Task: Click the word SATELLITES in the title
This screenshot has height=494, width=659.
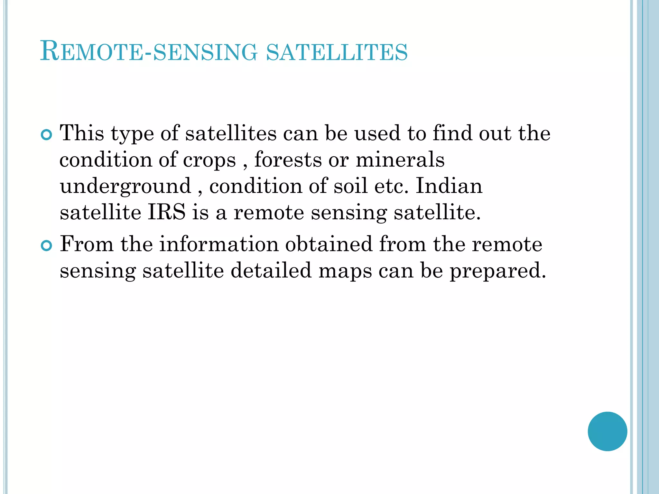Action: (337, 52)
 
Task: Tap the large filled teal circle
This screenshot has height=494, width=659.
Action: (607, 431)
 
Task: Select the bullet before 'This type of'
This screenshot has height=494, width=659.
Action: (47, 135)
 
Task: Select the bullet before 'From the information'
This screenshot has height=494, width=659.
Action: (47, 246)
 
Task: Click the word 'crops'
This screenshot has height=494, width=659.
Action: (209, 160)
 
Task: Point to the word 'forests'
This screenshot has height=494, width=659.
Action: (288, 160)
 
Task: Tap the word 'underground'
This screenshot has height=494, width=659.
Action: (125, 187)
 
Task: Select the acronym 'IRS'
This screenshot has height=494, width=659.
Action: (167, 212)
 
